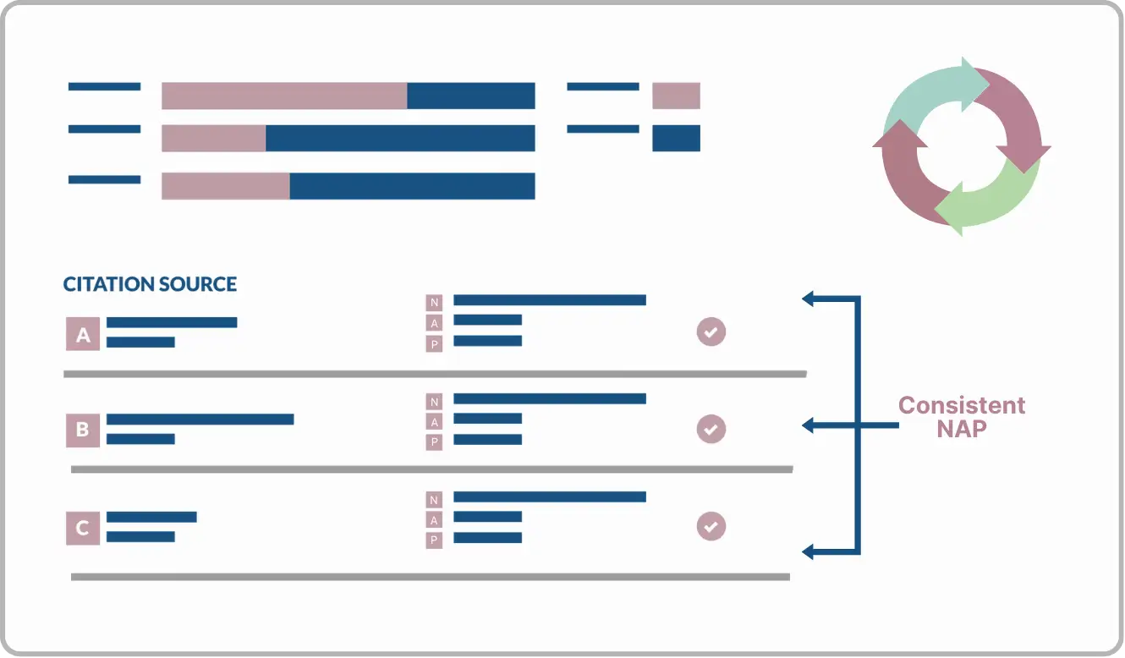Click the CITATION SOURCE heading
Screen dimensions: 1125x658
(150, 284)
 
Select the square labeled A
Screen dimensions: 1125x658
(83, 334)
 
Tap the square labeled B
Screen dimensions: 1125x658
(83, 430)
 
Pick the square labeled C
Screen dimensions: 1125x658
(83, 529)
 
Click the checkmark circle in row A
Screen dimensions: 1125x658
(711, 332)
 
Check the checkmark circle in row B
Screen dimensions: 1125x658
(711, 430)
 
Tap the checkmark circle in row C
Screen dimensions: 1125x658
(711, 527)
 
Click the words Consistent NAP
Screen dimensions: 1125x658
(961, 418)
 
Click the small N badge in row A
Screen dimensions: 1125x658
(435, 303)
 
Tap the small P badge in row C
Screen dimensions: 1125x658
(435, 540)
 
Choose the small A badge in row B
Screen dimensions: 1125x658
(435, 422)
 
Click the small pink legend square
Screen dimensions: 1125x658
(676, 96)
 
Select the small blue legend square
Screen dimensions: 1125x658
(676, 138)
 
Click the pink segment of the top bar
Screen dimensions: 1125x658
(284, 96)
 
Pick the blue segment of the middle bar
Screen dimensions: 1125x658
(400, 138)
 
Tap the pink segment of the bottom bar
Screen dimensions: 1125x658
(226, 186)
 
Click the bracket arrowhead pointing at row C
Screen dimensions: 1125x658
(808, 552)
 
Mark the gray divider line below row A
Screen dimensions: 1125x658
(435, 374)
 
